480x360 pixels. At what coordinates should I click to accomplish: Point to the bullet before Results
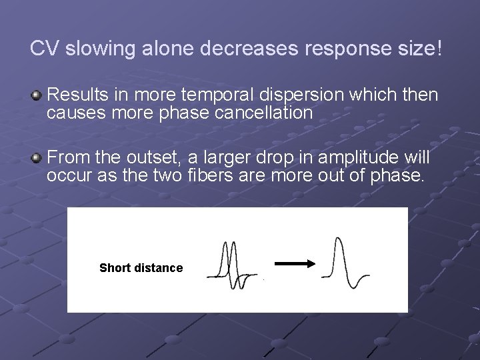coord(37,95)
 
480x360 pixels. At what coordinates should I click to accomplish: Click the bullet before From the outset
coord(37,158)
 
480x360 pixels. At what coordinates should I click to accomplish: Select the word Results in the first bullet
coord(73,95)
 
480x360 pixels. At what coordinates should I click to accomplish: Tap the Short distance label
coord(141,268)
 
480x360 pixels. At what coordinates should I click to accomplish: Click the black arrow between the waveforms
coord(295,263)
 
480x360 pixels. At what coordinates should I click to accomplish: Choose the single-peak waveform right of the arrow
coord(343,263)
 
